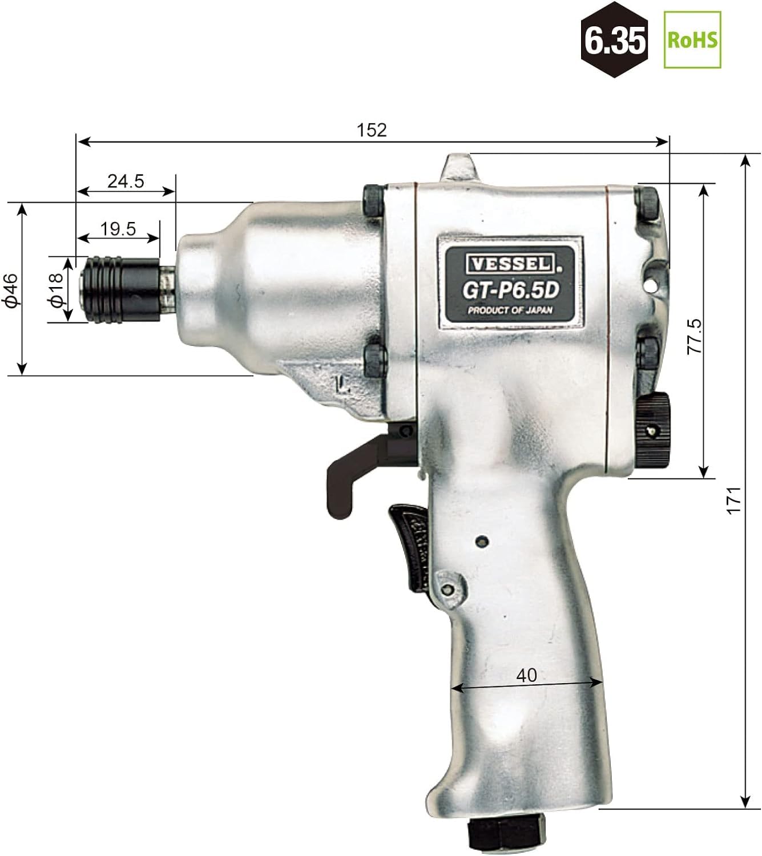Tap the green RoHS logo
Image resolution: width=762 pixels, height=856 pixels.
[692, 40]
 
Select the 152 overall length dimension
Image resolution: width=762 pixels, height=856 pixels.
[372, 131]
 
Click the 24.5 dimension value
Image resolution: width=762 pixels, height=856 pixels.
[126, 181]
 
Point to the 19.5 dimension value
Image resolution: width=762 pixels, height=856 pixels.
[118, 229]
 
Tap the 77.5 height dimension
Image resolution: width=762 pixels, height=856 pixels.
[694, 336]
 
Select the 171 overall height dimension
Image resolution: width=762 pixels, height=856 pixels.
[734, 500]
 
